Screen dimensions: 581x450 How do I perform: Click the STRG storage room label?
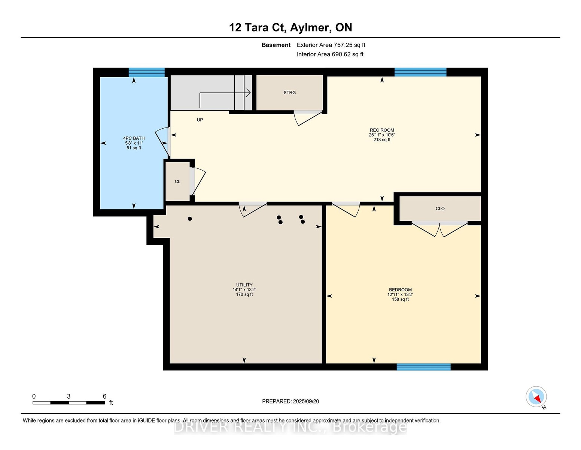pos(290,93)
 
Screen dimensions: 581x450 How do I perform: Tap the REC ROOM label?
pos(382,130)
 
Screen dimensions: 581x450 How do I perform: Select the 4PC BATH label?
pos(134,138)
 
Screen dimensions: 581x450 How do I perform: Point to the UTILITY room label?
pos(244,285)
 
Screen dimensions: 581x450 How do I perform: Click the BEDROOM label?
pos(400,289)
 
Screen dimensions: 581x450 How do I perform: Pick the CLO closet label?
pos(440,208)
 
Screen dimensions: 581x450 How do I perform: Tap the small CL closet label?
pos(177,181)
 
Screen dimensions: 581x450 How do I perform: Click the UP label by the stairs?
pos(200,120)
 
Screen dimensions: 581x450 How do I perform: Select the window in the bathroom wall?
pos(146,72)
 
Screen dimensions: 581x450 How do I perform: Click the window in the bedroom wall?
pos(423,367)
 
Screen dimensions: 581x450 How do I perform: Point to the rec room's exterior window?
pos(420,72)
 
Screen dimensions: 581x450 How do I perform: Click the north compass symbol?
pos(536,397)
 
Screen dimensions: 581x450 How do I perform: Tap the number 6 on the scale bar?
pos(104,396)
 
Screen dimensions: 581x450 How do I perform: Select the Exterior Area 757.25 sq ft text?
pos(331,45)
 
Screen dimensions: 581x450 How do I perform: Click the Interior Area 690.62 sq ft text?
pos(330,54)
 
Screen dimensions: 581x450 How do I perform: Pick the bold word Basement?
pos(276,45)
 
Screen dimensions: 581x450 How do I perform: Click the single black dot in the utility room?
pos(190,219)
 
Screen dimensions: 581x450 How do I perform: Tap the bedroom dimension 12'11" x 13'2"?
pos(400,294)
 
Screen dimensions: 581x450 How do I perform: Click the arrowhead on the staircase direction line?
pos(249,93)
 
